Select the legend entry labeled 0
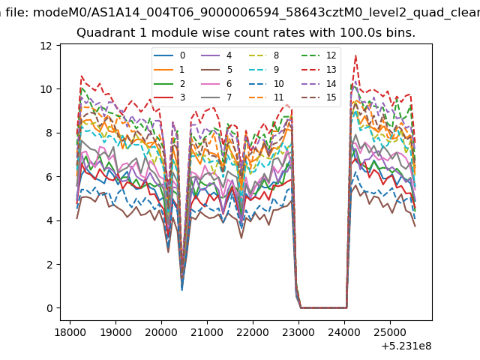coord(169,55)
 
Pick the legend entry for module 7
coord(217,97)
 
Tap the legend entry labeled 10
coord(265,83)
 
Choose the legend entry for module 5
coord(217,70)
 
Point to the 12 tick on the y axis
coord(46,46)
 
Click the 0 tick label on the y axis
coord(49,308)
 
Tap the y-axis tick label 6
coord(49,177)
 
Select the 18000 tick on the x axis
coord(70,332)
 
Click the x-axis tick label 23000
coord(298,332)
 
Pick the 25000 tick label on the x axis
coord(390,332)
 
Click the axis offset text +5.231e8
coord(406,346)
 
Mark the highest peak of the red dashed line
coord(355,55)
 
